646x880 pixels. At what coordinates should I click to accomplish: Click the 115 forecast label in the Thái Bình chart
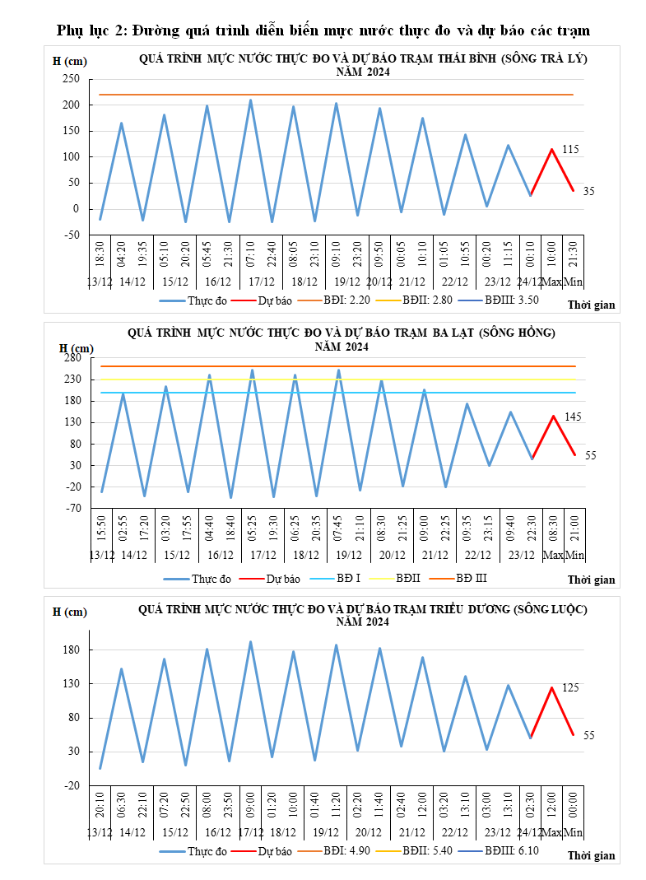pos(571,149)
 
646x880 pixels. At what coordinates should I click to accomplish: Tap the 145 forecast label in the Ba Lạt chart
pos(573,417)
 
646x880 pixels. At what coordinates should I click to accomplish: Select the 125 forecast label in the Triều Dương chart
pos(571,687)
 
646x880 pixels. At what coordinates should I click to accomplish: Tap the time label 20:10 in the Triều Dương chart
pos(100,802)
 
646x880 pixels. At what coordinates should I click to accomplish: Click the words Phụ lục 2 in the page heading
pos(90,31)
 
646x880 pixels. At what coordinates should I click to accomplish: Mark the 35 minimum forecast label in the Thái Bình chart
pos(588,191)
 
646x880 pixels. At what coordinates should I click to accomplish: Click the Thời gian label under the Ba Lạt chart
pos(591,580)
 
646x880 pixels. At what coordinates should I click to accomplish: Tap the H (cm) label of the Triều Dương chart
pos(69,612)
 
